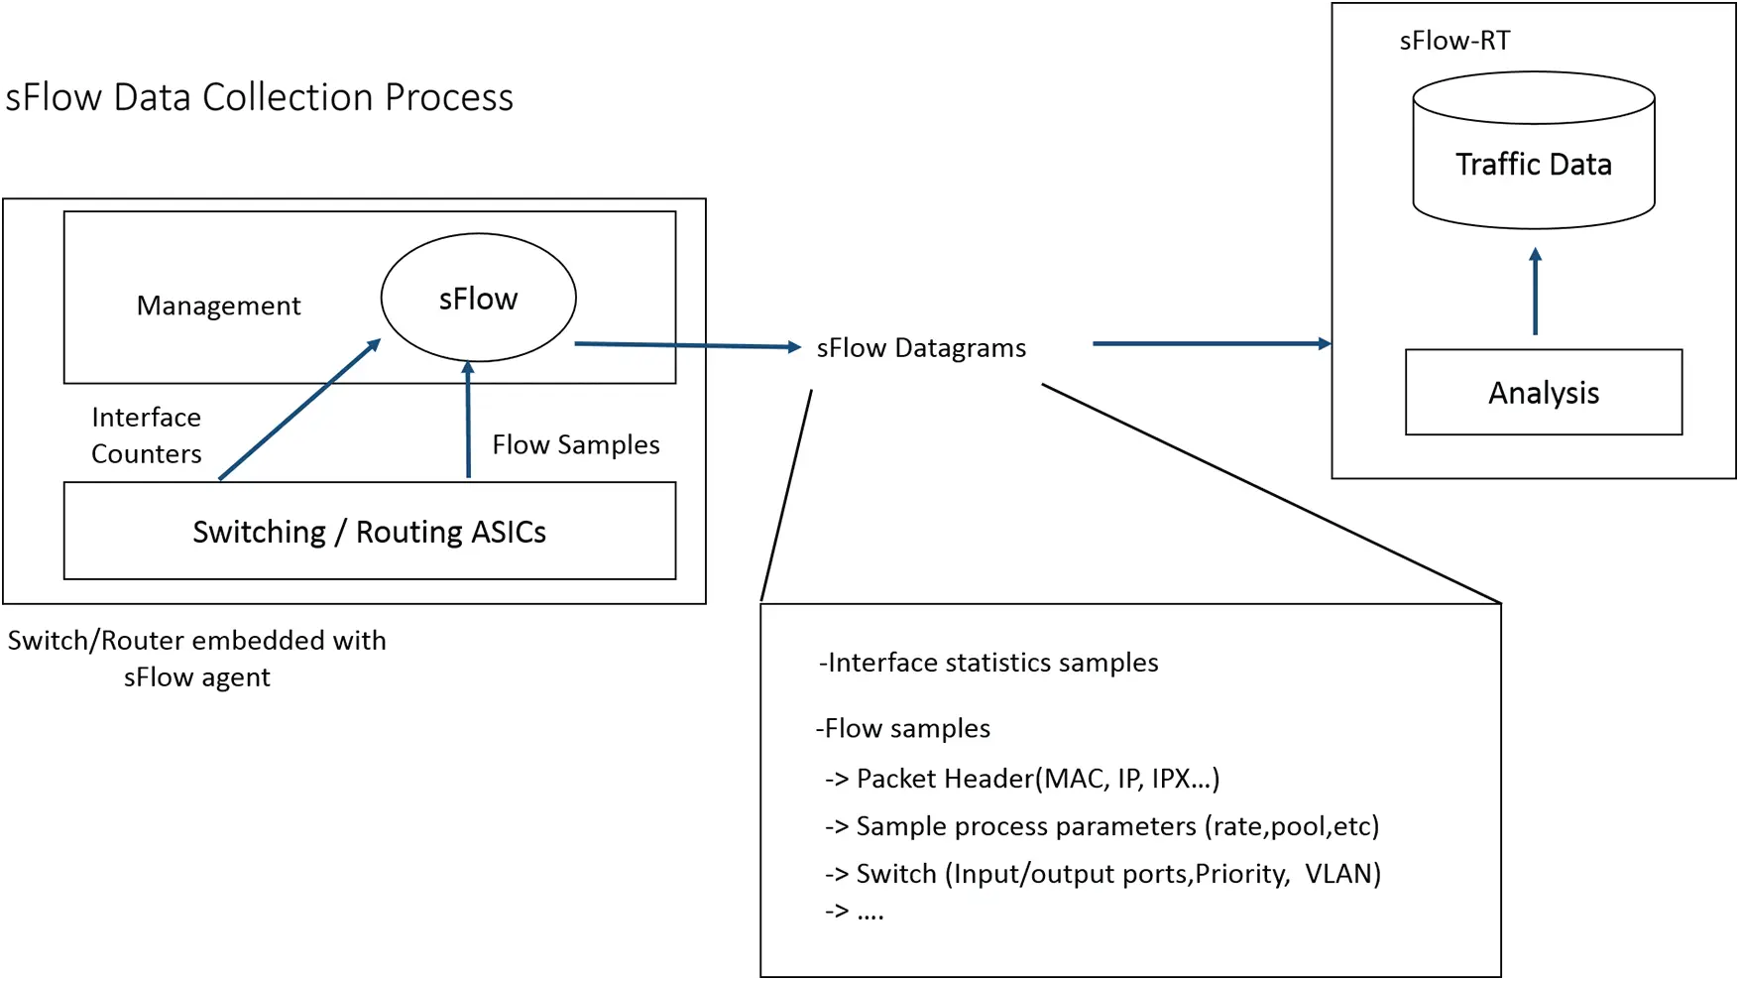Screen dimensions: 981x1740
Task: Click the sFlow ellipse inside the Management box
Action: click(x=478, y=298)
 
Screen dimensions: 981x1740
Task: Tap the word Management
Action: click(x=218, y=306)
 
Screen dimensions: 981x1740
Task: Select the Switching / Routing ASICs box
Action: click(x=369, y=532)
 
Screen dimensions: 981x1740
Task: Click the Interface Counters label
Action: click(x=147, y=434)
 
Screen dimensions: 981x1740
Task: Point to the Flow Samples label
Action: click(x=575, y=444)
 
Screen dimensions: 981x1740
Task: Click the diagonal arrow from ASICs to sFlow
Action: click(x=297, y=411)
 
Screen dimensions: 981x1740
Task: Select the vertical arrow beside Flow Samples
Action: click(x=468, y=422)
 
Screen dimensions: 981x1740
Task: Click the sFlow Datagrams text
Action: click(x=920, y=348)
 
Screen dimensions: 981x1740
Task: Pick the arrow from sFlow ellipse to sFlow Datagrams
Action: click(x=686, y=345)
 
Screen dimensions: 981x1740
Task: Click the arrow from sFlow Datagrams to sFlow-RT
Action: click(x=1210, y=343)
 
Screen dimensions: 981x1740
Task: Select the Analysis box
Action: click(x=1543, y=393)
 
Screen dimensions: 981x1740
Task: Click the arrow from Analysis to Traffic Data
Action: click(x=1535, y=292)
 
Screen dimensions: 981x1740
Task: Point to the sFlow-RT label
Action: click(x=1454, y=41)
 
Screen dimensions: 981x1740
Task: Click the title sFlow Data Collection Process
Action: click(x=260, y=97)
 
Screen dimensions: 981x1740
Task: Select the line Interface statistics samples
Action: click(x=988, y=663)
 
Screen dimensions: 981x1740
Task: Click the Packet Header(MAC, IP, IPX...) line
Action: click(x=1022, y=779)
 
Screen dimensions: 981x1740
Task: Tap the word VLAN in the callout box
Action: click(x=1341, y=874)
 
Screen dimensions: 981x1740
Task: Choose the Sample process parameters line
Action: click(x=1102, y=826)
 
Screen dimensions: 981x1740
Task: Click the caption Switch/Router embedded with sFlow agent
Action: click(x=196, y=659)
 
